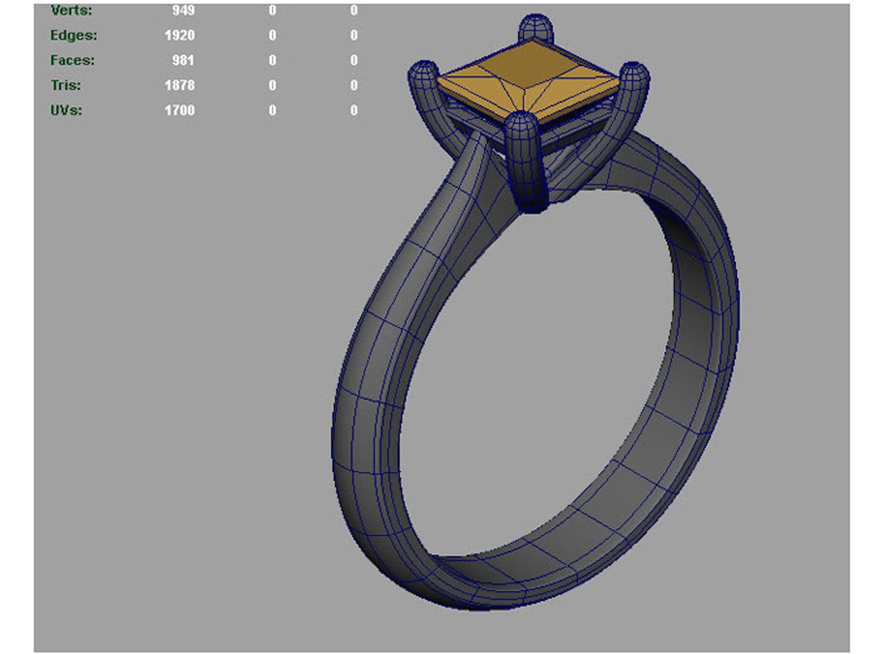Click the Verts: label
click(x=71, y=10)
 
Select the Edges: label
click(x=73, y=35)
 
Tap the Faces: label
click(x=72, y=60)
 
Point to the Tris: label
click(x=65, y=85)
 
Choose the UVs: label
click(x=66, y=110)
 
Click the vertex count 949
click(x=183, y=10)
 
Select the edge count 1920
click(x=179, y=35)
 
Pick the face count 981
click(x=183, y=60)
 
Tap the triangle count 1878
click(x=179, y=85)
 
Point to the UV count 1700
click(x=179, y=110)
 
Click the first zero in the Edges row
click(x=272, y=35)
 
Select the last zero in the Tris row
click(x=354, y=85)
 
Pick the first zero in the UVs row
click(x=272, y=110)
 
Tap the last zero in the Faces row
click(x=354, y=60)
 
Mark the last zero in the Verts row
click(x=354, y=10)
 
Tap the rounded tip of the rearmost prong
click(x=536, y=27)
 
